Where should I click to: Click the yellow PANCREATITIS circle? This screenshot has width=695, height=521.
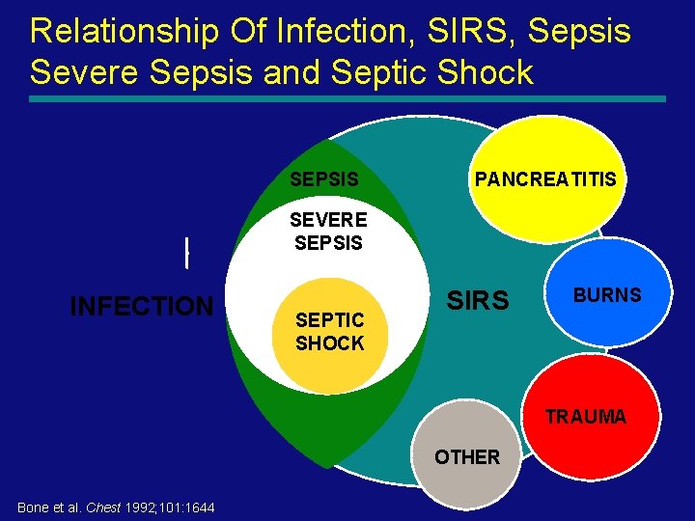545,179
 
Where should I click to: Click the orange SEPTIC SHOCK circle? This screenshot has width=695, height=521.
329,332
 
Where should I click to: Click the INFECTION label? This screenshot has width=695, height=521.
141,307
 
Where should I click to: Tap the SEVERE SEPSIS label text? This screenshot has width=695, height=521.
329,232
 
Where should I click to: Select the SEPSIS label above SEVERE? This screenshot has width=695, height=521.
324,179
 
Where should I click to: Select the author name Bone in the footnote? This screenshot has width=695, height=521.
32,507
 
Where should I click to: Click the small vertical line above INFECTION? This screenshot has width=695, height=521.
185,252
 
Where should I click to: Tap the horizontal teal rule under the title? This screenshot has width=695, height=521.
347,98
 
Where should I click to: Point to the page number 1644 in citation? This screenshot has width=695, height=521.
198,507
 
